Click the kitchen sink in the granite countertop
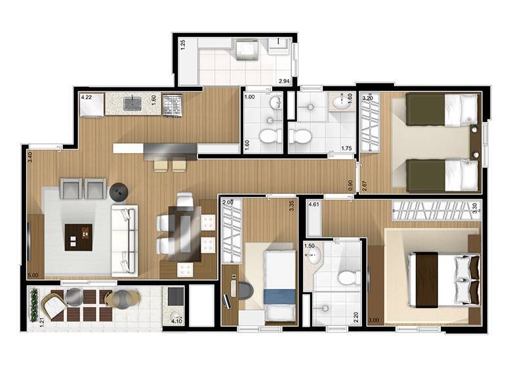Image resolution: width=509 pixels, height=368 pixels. (132, 103)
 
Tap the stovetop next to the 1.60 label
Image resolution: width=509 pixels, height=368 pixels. (172, 104)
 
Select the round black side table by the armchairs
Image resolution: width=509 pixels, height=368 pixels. (119, 193)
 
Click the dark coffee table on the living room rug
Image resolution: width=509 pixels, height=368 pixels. (79, 237)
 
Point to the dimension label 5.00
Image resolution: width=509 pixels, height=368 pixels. (33, 275)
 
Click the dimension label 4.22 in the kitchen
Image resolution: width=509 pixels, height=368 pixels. (87, 97)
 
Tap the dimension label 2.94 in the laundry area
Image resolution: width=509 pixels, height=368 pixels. (284, 81)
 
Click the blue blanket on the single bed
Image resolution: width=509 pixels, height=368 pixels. (279, 297)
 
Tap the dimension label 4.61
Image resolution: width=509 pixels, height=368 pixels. (314, 204)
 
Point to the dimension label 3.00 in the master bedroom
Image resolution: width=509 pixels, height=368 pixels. (374, 320)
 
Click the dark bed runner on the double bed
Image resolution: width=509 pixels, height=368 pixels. (426, 280)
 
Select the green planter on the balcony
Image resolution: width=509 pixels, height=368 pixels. (33, 305)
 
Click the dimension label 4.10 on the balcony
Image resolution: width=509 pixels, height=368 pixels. (176, 321)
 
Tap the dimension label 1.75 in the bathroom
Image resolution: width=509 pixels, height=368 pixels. (346, 149)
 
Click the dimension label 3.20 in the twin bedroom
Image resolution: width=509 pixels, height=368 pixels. (367, 98)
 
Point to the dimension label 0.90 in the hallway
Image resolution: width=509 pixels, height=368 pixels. (350, 185)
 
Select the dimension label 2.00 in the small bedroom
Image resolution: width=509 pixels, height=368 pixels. (228, 202)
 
